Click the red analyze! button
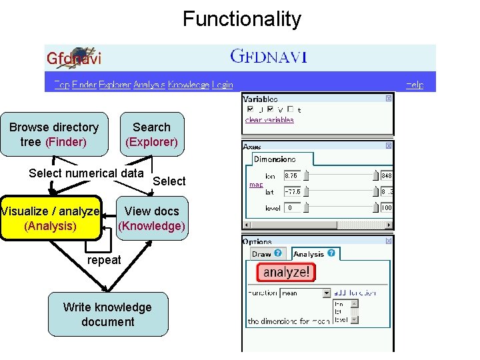(x=286, y=272)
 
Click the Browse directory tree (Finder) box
(x=54, y=134)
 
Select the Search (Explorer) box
(x=151, y=134)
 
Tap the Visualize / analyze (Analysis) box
(x=50, y=218)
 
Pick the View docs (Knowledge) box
(x=151, y=218)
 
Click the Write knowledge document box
(x=107, y=314)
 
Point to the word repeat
(x=104, y=260)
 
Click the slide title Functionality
(x=241, y=19)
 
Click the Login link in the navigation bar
(x=223, y=85)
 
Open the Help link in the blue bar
(x=415, y=85)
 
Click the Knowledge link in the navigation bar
(x=189, y=85)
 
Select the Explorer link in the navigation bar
(x=115, y=85)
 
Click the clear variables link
(x=269, y=120)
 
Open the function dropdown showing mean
(x=305, y=293)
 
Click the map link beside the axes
(x=256, y=185)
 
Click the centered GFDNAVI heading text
(x=268, y=57)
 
